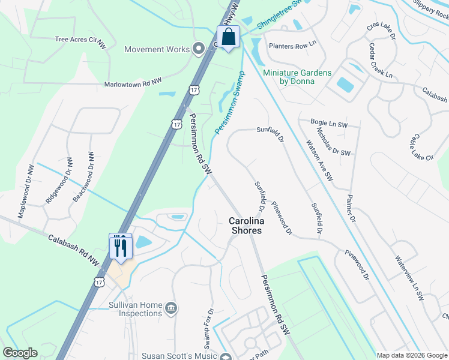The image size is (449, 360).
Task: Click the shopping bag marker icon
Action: tap(229, 37)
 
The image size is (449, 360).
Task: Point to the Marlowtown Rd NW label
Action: tap(133, 85)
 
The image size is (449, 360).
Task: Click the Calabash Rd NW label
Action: tap(74, 250)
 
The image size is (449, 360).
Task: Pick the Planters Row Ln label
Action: tap(292, 46)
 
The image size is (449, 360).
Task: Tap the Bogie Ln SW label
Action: tap(330, 123)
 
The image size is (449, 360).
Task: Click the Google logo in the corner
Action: tap(20, 353)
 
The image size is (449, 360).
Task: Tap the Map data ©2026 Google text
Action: tap(411, 355)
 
